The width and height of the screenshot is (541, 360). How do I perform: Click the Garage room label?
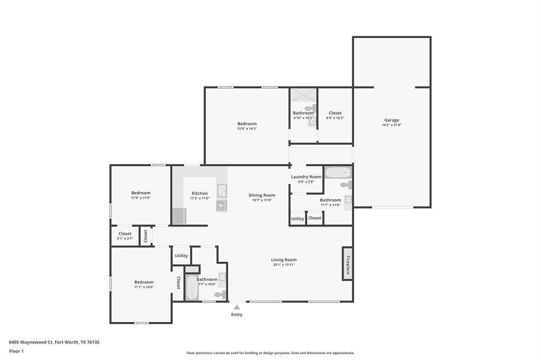click(x=391, y=120)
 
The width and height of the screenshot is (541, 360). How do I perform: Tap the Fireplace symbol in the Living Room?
click(x=347, y=263)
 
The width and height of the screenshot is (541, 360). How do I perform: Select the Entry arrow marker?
click(x=237, y=307)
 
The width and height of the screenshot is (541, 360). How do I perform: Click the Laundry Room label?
click(x=306, y=177)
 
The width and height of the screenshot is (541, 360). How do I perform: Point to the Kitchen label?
click(x=200, y=193)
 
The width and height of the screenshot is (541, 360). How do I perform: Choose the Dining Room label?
click(x=262, y=195)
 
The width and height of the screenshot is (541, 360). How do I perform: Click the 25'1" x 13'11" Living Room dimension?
click(x=284, y=264)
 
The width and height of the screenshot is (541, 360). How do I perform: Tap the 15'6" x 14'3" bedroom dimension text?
click(x=247, y=129)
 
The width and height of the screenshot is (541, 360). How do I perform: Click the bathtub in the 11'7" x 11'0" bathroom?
click(x=338, y=173)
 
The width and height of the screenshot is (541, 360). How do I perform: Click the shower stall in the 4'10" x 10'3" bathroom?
click(x=303, y=95)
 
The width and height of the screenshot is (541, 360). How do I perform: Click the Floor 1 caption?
click(x=16, y=351)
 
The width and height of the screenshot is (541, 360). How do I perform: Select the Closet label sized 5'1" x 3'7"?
click(x=125, y=234)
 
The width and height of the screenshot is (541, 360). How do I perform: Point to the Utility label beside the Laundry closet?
click(x=297, y=219)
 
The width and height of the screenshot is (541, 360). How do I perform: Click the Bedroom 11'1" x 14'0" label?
click(x=144, y=282)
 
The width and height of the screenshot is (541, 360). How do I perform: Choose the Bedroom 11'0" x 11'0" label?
click(x=141, y=193)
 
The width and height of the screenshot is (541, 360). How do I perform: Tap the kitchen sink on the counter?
click(x=222, y=190)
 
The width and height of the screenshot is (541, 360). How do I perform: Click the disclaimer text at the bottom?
click(x=270, y=353)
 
